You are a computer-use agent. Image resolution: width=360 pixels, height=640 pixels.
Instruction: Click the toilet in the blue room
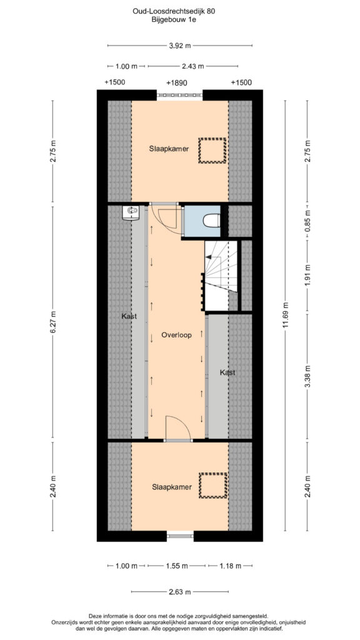(x=212, y=221)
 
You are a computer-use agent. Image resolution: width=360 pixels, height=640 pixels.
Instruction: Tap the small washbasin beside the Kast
(x=131, y=212)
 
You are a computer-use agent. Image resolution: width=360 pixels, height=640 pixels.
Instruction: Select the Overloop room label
(x=177, y=334)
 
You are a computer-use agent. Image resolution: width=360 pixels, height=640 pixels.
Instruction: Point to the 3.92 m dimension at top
(x=180, y=46)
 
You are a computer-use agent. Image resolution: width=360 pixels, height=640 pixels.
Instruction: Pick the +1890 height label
(x=177, y=83)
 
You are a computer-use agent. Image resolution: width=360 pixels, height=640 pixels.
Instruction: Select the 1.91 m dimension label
(x=307, y=277)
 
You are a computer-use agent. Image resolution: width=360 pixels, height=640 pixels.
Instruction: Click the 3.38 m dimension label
(x=307, y=376)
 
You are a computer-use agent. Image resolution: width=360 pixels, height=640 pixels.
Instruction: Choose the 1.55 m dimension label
(x=177, y=566)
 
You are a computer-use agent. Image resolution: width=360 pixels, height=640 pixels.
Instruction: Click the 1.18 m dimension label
(x=230, y=566)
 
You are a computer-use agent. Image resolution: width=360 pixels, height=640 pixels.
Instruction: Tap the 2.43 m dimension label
(x=192, y=66)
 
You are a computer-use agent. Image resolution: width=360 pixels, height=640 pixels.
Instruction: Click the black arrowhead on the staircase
(x=207, y=257)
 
